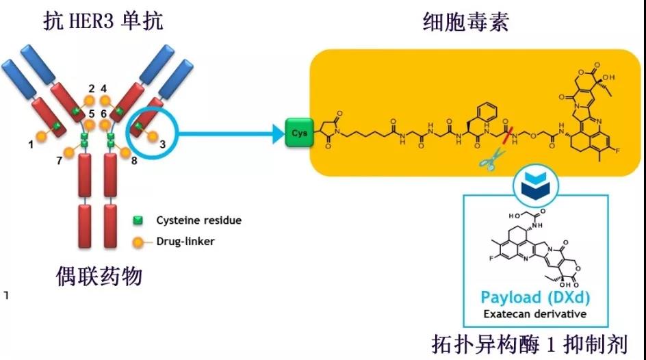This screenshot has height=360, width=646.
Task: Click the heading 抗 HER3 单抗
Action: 103,21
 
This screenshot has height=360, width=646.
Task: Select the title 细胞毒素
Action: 466,23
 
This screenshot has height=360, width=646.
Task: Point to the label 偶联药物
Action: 99,276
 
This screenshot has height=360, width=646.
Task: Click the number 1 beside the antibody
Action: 30,144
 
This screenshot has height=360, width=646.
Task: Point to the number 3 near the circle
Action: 161,144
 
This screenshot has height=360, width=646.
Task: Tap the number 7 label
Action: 60,161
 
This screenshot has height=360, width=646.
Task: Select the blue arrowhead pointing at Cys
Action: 276,132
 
